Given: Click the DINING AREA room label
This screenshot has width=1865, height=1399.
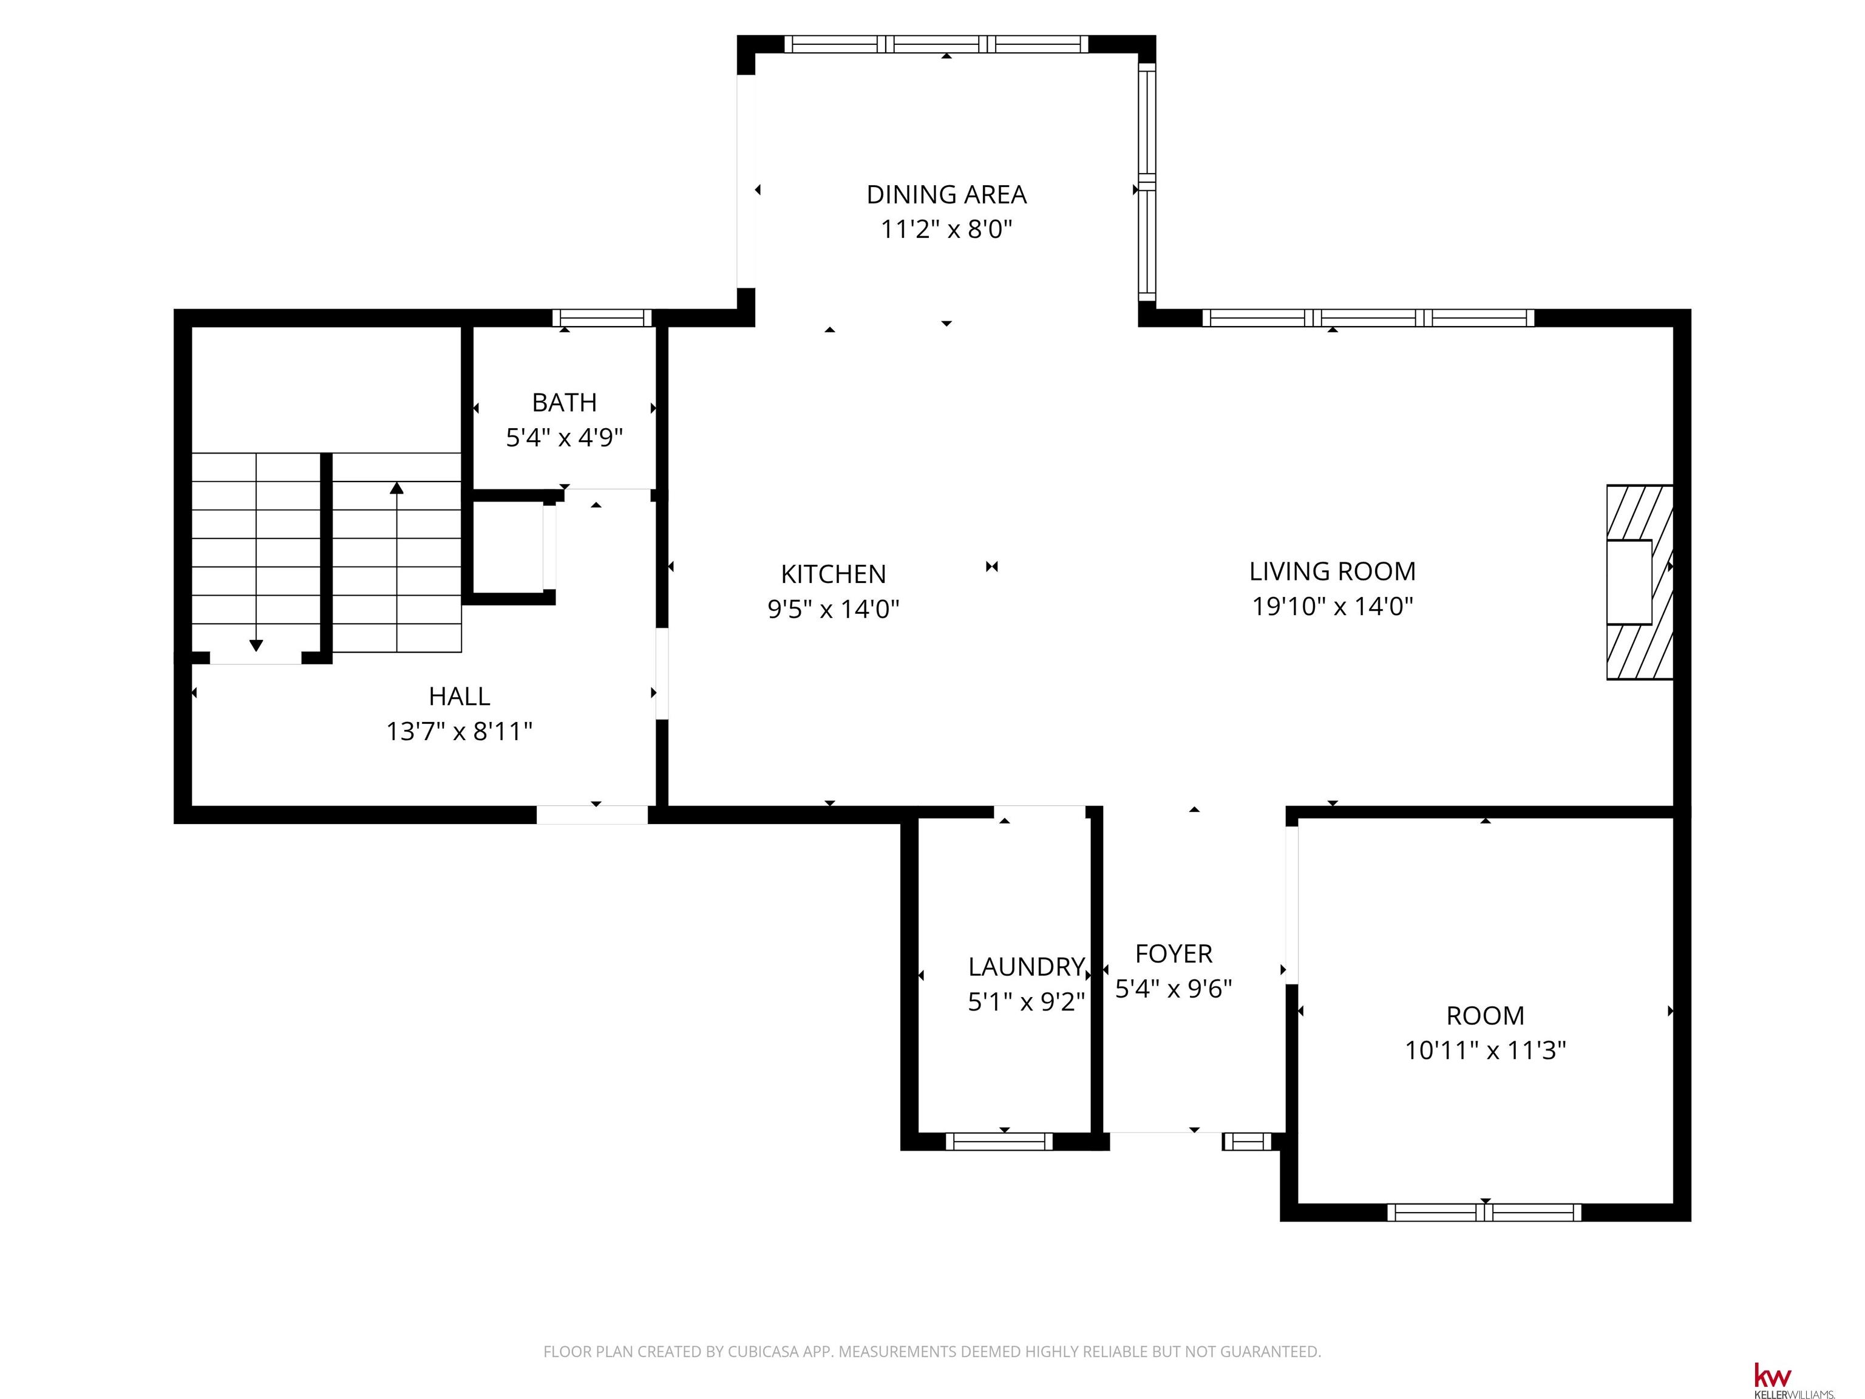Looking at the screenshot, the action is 946,195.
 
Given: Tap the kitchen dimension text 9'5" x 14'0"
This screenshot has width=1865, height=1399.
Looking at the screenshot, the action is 833,609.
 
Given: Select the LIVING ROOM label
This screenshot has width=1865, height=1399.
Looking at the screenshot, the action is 1332,572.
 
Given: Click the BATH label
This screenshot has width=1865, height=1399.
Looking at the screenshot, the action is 564,403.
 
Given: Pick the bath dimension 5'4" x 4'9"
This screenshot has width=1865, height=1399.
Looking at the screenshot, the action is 564,438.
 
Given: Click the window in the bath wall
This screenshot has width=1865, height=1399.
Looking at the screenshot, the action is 602,318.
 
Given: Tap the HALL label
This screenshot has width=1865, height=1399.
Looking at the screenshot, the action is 460,696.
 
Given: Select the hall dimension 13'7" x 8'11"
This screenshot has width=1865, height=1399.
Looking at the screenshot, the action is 460,731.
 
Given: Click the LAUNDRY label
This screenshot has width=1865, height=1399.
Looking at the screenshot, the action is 1026,967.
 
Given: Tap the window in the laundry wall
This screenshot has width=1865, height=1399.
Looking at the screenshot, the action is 999,1142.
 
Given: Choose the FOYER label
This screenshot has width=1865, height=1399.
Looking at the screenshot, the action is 1174,954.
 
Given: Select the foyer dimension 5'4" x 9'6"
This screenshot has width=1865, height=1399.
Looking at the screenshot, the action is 1174,989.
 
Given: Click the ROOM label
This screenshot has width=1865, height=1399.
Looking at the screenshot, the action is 1485,1016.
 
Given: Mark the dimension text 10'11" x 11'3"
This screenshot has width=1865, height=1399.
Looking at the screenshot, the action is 1485,1050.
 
